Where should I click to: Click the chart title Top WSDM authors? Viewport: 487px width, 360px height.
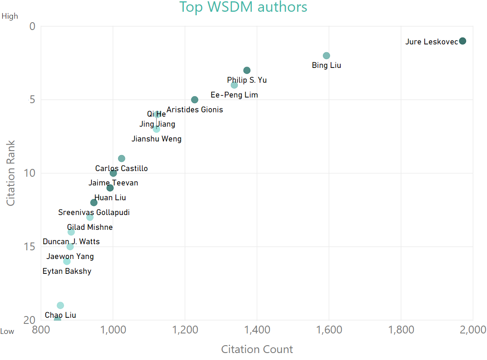click(x=243, y=7)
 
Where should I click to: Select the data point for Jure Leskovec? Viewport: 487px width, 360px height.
click(x=463, y=41)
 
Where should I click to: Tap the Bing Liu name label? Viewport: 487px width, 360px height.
click(x=326, y=65)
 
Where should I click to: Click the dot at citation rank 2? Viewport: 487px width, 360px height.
click(x=326, y=56)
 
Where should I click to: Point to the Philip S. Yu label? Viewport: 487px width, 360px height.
click(x=247, y=80)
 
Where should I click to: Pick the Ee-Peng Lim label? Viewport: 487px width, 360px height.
click(x=234, y=95)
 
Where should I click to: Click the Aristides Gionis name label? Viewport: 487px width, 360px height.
click(x=195, y=110)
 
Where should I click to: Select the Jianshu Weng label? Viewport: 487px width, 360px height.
click(x=156, y=139)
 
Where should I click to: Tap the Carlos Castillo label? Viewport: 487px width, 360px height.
click(x=122, y=168)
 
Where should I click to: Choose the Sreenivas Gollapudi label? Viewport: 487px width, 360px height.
click(x=94, y=212)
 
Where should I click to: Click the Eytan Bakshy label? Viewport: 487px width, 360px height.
click(x=67, y=271)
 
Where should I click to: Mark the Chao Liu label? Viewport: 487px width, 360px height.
click(x=61, y=315)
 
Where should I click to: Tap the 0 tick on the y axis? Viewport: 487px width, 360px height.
click(x=32, y=27)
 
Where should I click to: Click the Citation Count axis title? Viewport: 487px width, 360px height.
click(x=257, y=349)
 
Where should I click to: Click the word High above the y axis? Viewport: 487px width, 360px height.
click(x=10, y=16)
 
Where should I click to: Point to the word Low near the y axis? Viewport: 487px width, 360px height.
click(x=7, y=331)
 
